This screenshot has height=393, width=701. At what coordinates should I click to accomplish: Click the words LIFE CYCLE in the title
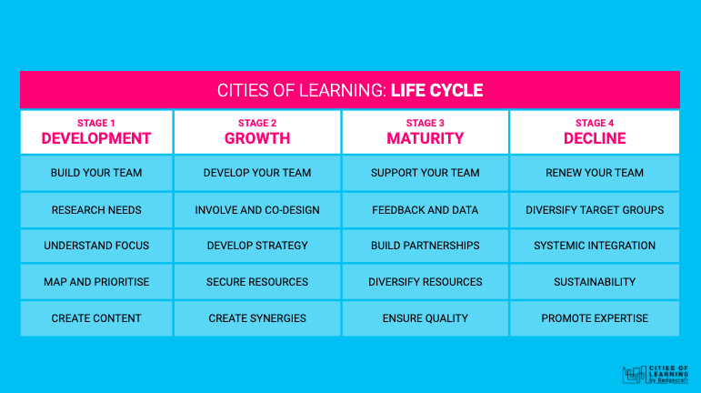(x=436, y=90)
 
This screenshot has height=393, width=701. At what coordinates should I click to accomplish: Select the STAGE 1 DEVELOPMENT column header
(x=96, y=132)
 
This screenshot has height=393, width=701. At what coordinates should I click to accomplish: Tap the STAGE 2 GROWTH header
(x=257, y=132)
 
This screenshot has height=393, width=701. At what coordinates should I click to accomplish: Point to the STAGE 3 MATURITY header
(x=426, y=132)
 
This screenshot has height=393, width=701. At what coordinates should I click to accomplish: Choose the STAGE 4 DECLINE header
(x=595, y=132)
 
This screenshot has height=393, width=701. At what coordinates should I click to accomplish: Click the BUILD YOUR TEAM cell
(x=96, y=173)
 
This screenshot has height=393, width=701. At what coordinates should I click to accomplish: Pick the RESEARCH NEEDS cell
(x=96, y=210)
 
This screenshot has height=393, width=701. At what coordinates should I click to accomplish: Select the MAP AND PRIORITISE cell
(x=96, y=282)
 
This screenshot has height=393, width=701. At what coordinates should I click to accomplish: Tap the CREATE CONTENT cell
(x=96, y=318)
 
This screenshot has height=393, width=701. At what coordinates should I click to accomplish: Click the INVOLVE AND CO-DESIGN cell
(x=257, y=210)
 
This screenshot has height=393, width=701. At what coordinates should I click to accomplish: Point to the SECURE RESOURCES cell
(x=257, y=282)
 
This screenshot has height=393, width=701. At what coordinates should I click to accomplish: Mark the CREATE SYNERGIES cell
(x=257, y=318)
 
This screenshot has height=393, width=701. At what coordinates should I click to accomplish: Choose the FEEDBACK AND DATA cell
(x=426, y=210)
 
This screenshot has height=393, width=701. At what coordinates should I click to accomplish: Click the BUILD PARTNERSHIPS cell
(x=426, y=246)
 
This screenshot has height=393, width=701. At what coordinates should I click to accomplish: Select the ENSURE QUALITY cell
(x=426, y=318)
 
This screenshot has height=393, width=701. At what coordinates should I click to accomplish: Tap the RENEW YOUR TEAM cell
(x=595, y=173)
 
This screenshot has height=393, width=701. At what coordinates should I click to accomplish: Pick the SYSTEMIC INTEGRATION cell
(x=595, y=246)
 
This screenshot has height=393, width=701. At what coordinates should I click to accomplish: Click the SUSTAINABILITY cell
(x=595, y=282)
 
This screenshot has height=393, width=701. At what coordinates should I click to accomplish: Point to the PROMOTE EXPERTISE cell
(x=595, y=318)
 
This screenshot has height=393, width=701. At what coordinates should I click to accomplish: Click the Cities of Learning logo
(x=656, y=374)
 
